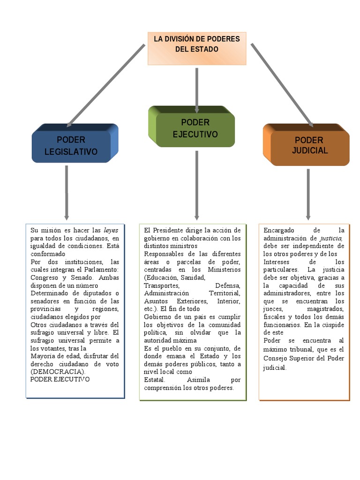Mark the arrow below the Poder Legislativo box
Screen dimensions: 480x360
tap(67, 192)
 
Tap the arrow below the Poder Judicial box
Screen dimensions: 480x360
tap(308, 194)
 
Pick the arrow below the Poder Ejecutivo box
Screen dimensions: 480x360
tap(197, 185)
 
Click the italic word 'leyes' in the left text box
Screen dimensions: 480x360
tap(111, 230)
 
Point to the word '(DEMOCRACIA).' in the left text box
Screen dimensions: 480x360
tap(58, 372)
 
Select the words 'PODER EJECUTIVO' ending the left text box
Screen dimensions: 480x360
tap(60, 379)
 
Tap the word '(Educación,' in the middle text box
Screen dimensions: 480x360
tap(162, 277)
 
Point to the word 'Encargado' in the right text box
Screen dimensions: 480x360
tap(279, 230)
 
